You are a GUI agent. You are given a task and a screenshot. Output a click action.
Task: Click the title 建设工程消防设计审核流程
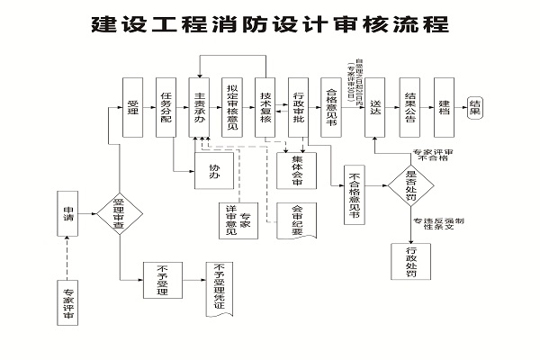pos(270,24)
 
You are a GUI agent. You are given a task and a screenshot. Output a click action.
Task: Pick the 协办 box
pos(213,173)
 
